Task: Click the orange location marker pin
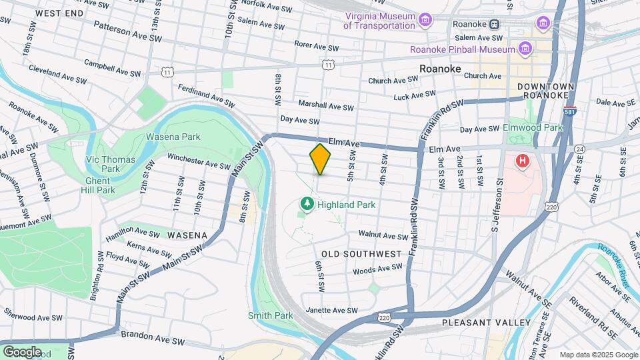tap(320, 159)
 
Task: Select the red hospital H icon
tap(523, 161)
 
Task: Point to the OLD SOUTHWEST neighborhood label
tap(361, 254)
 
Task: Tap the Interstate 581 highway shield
tap(569, 113)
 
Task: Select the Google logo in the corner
tap(22, 351)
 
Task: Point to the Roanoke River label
tap(613, 264)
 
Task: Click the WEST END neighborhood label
tap(59, 13)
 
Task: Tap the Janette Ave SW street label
tap(332, 310)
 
